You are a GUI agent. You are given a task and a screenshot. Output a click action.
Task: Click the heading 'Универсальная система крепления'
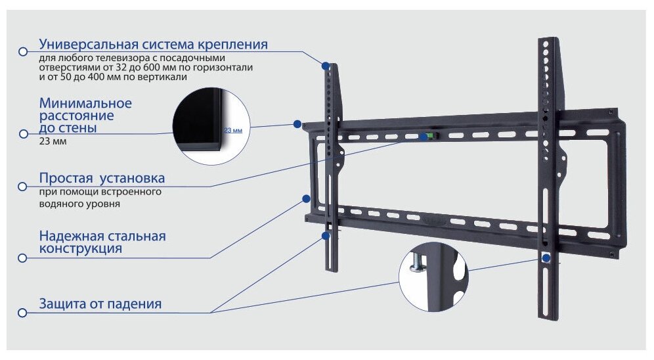[153, 45]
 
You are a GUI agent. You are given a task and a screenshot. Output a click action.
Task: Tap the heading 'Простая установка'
[102, 178]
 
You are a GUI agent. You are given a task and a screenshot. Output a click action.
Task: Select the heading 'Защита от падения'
[100, 304]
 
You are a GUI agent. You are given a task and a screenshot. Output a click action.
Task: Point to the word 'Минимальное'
[85, 103]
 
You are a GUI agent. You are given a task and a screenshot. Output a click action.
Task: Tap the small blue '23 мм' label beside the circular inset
[233, 131]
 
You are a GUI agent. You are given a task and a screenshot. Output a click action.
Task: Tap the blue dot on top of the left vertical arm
[326, 66]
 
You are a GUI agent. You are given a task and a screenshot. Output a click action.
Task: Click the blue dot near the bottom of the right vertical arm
[546, 258]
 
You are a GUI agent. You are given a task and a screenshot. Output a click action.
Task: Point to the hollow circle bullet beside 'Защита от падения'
[22, 313]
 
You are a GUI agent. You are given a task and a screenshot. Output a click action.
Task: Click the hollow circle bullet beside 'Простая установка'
[22, 187]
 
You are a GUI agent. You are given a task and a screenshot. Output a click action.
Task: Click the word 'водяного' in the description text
[59, 204]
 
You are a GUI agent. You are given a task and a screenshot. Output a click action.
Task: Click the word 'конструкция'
[80, 249]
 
